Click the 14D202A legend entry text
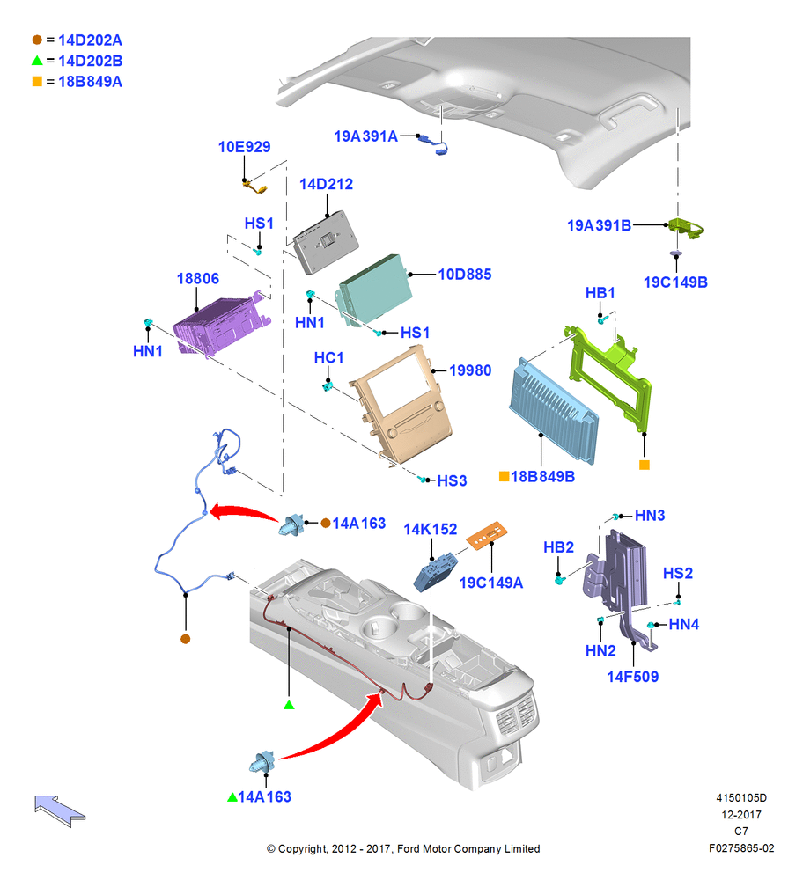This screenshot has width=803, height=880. (x=90, y=40)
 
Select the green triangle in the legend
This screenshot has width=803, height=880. (x=37, y=60)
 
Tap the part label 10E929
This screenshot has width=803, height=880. (x=244, y=147)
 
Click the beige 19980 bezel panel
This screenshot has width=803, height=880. (x=401, y=404)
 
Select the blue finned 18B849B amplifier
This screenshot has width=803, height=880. (x=553, y=411)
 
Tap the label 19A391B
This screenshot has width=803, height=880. (x=599, y=225)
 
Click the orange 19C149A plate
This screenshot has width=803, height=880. (x=487, y=535)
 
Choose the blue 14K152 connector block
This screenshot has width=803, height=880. (x=436, y=571)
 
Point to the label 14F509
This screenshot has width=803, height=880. (x=632, y=677)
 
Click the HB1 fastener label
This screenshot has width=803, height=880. (x=600, y=293)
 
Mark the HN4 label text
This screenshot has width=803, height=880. (x=683, y=624)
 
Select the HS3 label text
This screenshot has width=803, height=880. (x=452, y=481)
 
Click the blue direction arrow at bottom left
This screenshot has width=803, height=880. (x=59, y=810)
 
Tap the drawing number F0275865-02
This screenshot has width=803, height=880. (x=741, y=848)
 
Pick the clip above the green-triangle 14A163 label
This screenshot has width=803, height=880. (x=263, y=762)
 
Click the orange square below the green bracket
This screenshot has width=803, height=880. (x=645, y=465)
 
